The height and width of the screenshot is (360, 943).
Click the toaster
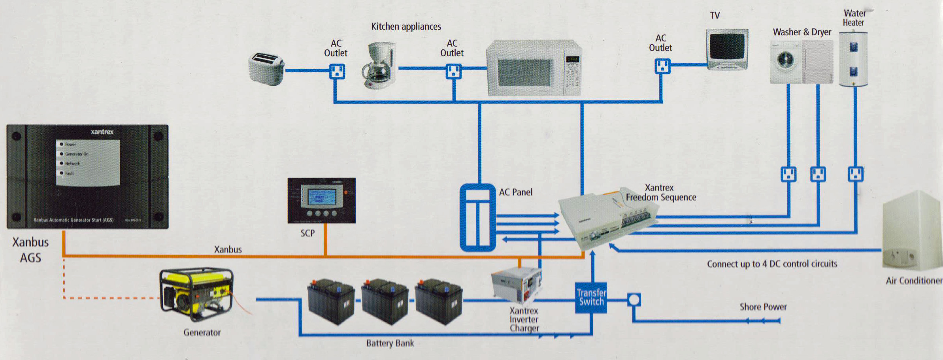pos(266,69)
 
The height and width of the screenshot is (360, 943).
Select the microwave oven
pos(534,68)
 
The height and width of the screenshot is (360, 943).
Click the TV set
pos(727,49)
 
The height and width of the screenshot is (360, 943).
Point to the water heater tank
pos(853,59)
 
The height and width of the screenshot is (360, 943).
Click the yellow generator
pos(197,294)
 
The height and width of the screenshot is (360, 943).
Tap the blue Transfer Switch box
pos(591,298)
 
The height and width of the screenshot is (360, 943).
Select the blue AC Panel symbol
pos(477,217)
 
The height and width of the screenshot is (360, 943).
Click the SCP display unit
pos(321,200)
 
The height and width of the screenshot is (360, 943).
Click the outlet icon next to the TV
pos(662,66)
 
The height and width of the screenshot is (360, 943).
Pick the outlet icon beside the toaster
pos(337,72)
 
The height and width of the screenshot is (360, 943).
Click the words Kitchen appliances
pos(406,26)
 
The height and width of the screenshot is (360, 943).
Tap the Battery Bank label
pos(390,343)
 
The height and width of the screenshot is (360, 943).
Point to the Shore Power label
pos(763,307)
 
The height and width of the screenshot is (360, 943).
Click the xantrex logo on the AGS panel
pos(102,132)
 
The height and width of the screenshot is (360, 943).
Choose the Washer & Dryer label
pos(802,32)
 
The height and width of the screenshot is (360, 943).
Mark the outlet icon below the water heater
pos(855,174)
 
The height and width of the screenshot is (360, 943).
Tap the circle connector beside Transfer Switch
pos(634,300)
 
